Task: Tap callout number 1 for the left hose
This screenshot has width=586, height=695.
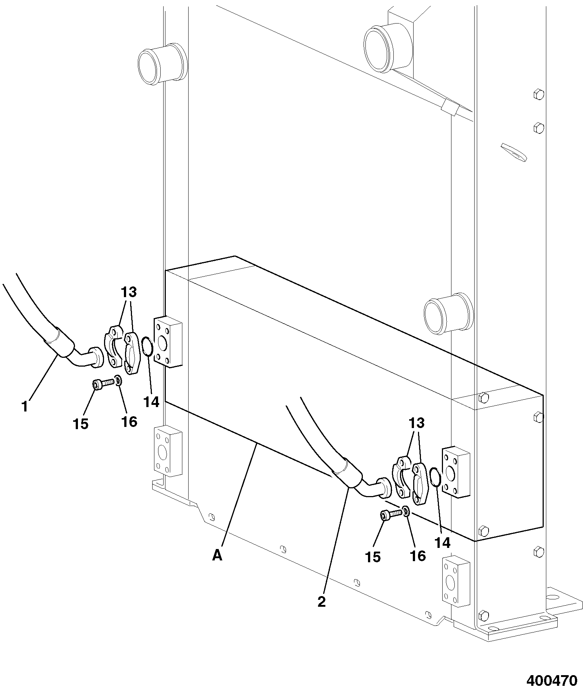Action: (x=25, y=407)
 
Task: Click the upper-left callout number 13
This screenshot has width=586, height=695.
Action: (x=128, y=293)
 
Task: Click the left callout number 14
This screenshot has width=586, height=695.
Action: (x=151, y=402)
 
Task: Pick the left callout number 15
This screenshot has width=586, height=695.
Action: (x=81, y=424)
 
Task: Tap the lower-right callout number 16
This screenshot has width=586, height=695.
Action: (x=417, y=556)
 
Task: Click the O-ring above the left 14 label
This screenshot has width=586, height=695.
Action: (x=148, y=346)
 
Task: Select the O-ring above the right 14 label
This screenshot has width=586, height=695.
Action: (x=435, y=477)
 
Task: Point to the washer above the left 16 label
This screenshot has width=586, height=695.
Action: (x=118, y=380)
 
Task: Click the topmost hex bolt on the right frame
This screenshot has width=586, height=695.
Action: (x=539, y=94)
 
